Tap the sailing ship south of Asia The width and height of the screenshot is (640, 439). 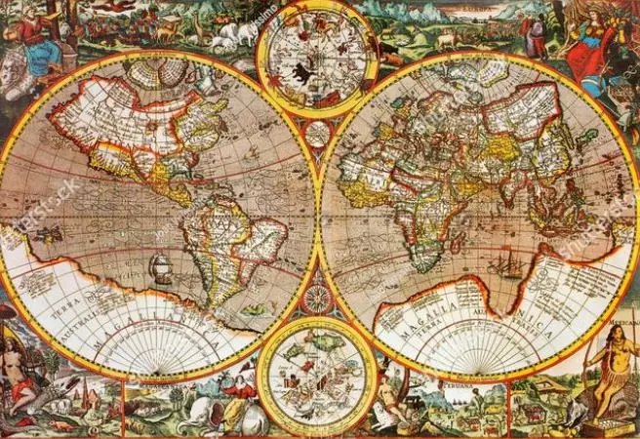click(511, 262)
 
